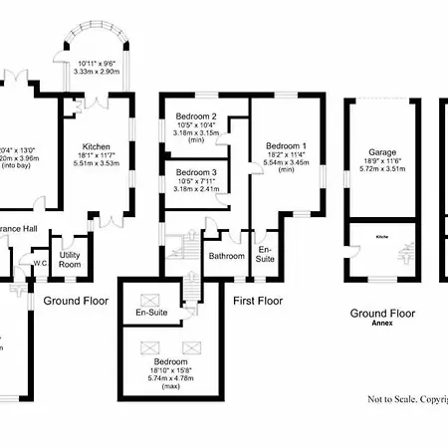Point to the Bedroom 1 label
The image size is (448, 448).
coord(286,146)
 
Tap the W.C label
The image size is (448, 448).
coord(40,264)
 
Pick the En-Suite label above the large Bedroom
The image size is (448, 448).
coord(151,315)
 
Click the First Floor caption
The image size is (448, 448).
coord(257,300)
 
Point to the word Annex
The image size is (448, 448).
coord(383,323)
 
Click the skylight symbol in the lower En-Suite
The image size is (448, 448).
coord(151,298)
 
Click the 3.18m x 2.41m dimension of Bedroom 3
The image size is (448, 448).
coord(197,188)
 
